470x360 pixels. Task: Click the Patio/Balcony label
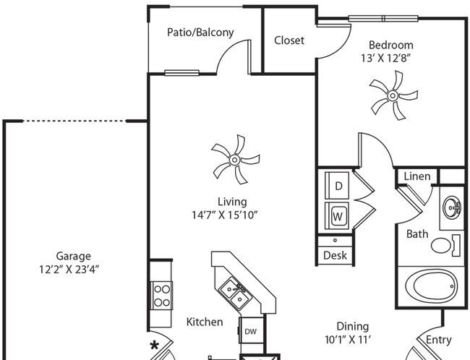point(200,33)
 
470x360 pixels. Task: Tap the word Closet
point(289,40)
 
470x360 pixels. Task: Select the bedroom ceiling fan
point(393,95)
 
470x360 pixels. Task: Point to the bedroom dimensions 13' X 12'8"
point(390,58)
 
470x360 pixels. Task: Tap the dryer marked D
point(338,186)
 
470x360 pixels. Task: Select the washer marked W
point(338,215)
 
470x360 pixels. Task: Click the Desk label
point(335,255)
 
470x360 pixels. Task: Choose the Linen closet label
point(417,176)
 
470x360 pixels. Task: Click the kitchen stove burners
point(161,294)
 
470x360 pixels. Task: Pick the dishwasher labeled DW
point(250,331)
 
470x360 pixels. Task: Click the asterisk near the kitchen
point(155,345)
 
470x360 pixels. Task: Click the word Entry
point(439,340)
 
